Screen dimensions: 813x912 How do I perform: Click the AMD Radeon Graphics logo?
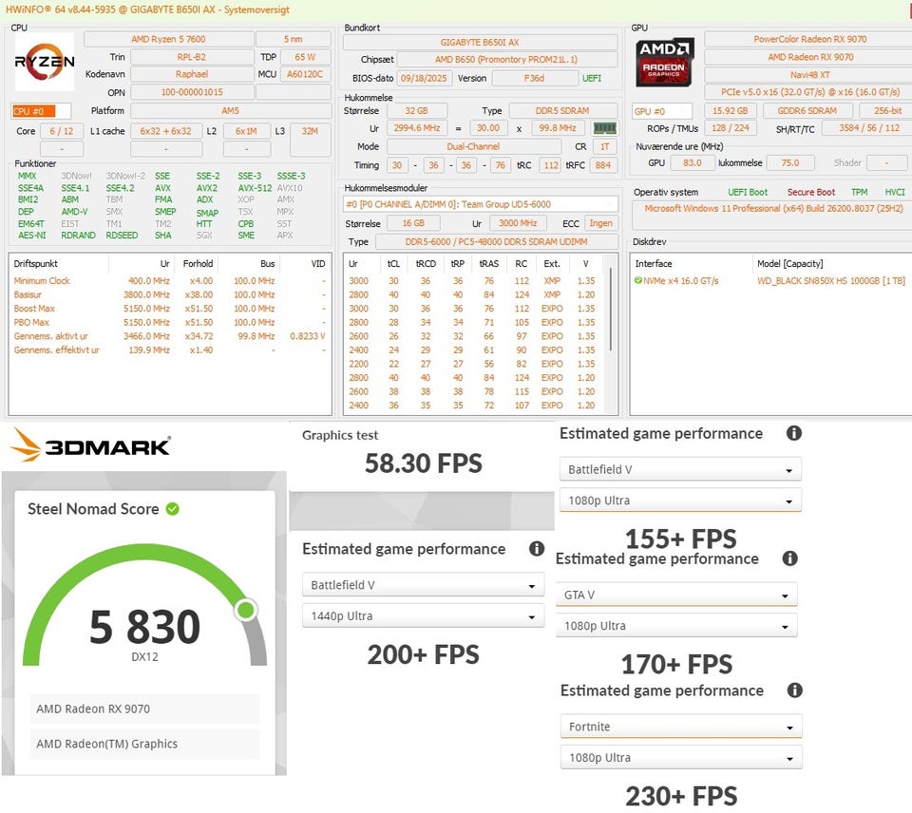point(665,63)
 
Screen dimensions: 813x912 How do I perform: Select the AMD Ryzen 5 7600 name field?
point(168,40)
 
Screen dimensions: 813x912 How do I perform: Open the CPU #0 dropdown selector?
point(41,111)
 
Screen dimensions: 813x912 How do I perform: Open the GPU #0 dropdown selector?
point(662,111)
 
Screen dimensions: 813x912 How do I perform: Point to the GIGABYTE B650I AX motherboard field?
point(480,43)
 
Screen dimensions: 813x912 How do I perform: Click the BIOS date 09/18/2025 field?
point(425,78)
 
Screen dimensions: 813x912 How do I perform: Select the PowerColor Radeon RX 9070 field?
point(804,40)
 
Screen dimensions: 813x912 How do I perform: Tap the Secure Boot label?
point(810,192)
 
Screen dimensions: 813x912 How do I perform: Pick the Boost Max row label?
point(34,309)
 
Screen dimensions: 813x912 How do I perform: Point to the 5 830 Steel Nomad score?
point(144,627)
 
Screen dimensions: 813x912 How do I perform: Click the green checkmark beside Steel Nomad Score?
point(172,509)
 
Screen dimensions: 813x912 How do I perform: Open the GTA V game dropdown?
point(675,596)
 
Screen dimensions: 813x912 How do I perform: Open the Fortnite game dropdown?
point(680,727)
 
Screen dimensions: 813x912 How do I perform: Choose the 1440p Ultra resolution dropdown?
point(423,616)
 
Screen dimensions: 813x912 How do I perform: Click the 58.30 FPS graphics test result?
point(423,463)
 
